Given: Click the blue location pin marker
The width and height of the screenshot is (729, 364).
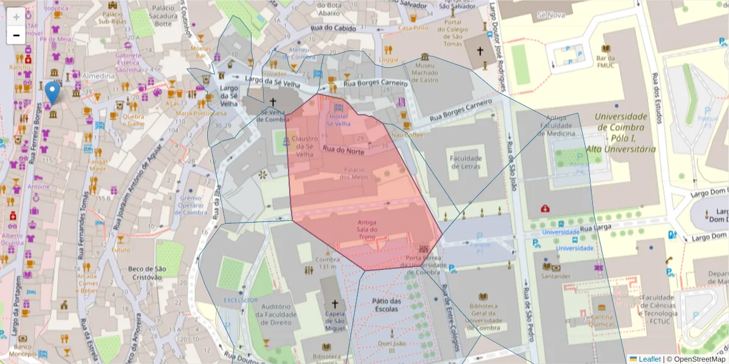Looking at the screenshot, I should (53, 93).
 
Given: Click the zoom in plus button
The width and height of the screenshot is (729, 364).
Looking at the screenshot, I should (16, 16).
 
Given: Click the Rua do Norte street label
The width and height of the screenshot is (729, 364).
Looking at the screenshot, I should (343, 150).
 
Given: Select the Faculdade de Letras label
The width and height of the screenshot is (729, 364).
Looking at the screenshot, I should (465, 162).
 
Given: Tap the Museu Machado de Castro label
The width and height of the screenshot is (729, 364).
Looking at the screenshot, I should (425, 72).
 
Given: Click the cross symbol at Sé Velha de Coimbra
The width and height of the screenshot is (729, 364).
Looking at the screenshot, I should (273, 102).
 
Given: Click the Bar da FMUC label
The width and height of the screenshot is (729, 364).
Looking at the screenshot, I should (606, 61).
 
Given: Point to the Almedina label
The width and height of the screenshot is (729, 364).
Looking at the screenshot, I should (99, 76).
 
